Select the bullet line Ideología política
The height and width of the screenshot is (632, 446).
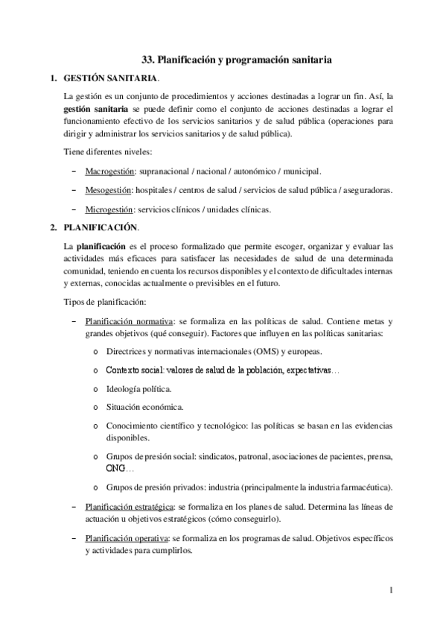[139, 388]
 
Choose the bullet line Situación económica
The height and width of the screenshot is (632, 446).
[144, 407]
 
